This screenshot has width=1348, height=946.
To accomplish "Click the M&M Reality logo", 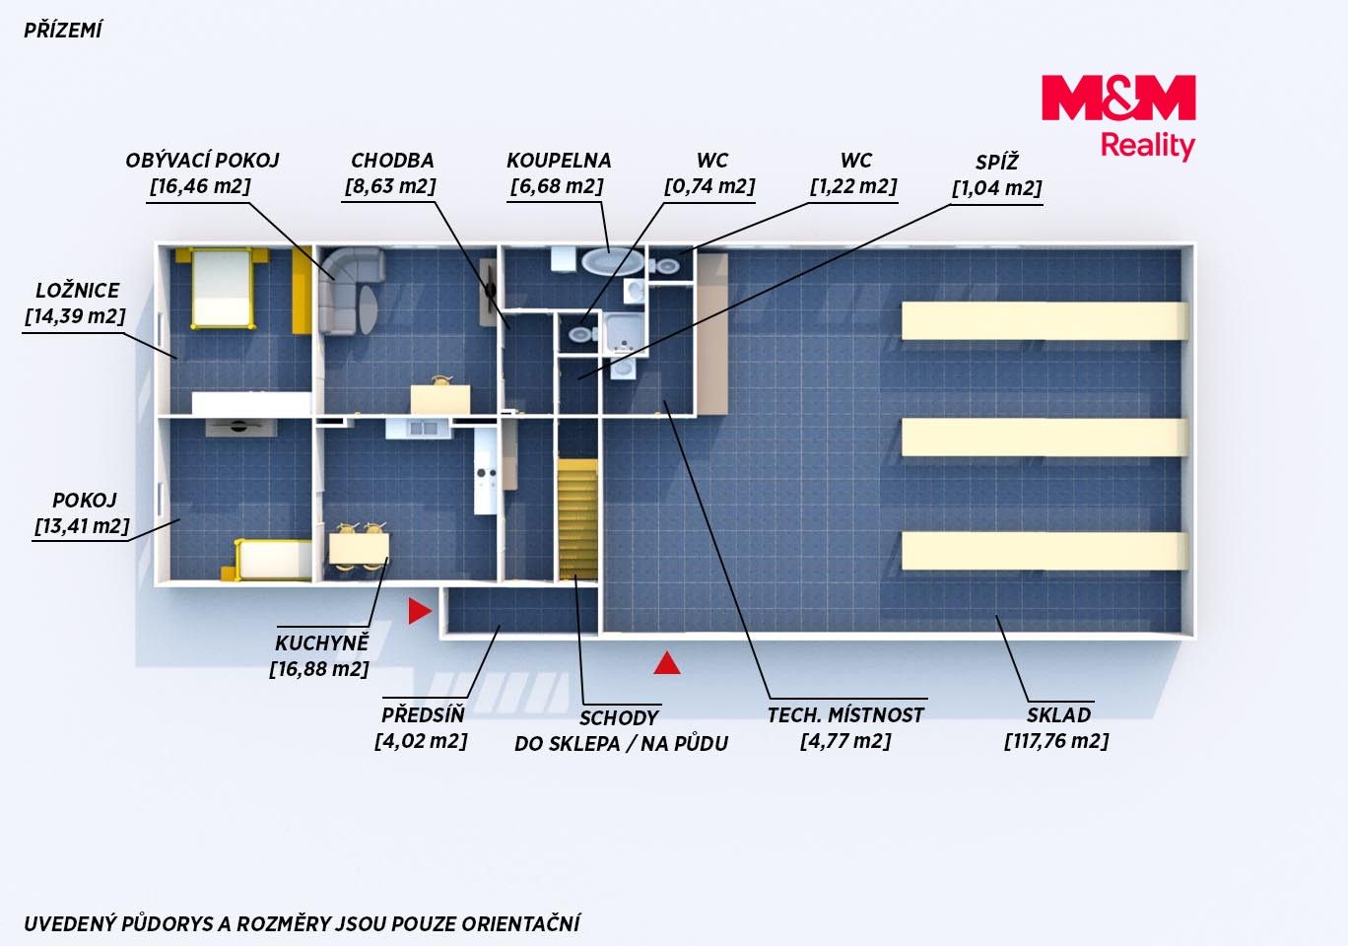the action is point(1118,118).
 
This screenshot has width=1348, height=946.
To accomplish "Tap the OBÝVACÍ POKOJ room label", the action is point(202,161).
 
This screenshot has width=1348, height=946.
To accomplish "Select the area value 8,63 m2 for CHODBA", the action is point(390,186).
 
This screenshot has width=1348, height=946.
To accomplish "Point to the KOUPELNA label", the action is point(559,161).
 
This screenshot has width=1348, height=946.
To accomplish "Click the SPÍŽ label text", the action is point(996,162).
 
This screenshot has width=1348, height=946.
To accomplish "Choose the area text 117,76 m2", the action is point(1056,741).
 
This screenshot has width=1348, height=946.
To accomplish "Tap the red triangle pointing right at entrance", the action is point(420,611).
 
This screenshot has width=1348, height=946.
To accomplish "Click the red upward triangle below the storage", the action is point(667,662).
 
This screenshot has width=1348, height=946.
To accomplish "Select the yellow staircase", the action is point(577,519).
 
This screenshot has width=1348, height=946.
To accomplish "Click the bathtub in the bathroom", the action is point(613,261).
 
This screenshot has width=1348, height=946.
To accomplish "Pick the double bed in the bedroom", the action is point(222,289).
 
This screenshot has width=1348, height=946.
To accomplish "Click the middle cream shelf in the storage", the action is point(1045,438).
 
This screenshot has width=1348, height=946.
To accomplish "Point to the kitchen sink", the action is point(423,429).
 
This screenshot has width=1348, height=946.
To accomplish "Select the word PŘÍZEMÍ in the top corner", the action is point(63,31).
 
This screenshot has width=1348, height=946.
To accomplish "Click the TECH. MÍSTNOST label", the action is point(845,714).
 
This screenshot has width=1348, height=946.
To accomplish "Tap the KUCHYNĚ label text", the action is point(321,643).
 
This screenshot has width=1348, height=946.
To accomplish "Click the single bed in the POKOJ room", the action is point(272,560).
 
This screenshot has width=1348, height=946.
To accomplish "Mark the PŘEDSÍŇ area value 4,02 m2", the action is point(421,741).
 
